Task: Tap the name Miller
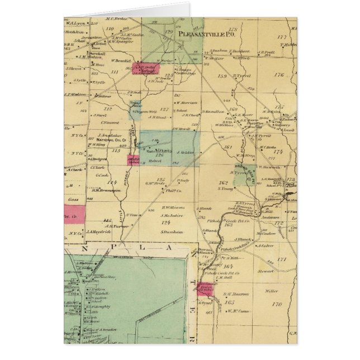[272, 291]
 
